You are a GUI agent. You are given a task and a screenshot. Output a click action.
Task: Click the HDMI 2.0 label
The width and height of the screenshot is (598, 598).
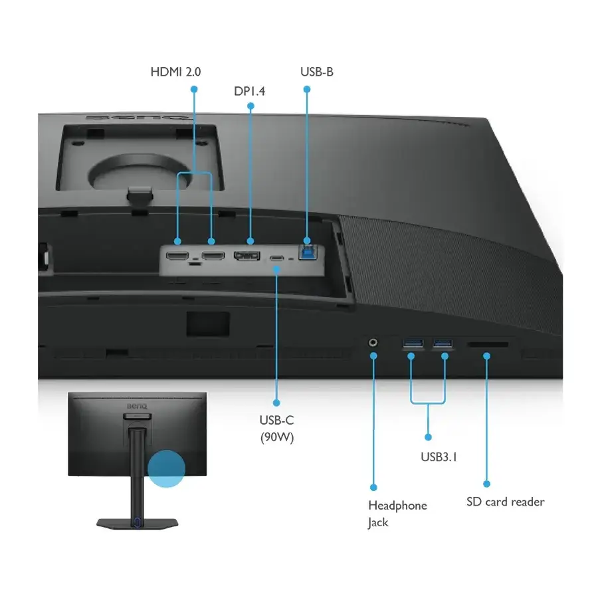click(175, 72)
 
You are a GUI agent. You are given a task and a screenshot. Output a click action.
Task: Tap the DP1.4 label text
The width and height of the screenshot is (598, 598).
click(249, 91)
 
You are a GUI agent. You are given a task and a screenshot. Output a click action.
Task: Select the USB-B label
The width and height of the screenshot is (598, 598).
click(316, 72)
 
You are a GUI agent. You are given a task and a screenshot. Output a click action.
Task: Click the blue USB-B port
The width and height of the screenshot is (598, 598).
click(308, 252)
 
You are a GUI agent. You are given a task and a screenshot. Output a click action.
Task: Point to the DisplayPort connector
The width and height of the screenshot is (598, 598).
click(247, 256)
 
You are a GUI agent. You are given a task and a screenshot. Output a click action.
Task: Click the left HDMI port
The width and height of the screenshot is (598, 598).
click(177, 256)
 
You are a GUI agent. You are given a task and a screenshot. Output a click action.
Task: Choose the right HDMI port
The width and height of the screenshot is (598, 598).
click(213, 255)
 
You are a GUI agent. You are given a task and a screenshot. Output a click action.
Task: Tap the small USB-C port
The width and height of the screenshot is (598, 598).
click(276, 258)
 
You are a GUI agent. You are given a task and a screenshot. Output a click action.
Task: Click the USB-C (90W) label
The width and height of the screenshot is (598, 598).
click(277, 429)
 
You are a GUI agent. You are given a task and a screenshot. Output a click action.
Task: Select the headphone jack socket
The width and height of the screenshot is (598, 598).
click(373, 342)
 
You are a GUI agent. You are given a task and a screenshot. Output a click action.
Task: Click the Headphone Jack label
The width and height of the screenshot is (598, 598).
click(397, 514)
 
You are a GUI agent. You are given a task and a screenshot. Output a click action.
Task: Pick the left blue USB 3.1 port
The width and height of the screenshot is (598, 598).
click(413, 344)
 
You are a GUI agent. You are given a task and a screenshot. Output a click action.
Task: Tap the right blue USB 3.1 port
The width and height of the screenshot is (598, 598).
click(443, 344)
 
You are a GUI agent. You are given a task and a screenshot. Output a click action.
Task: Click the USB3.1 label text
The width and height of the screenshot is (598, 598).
click(439, 457)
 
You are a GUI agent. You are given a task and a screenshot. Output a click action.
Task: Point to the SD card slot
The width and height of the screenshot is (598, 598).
click(488, 344)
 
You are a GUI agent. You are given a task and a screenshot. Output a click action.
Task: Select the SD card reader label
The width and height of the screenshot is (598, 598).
click(506, 502)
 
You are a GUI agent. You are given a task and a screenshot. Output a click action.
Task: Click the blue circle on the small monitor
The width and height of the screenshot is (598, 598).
click(166, 468)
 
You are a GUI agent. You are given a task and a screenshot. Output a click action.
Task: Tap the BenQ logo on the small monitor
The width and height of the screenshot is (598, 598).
click(137, 406)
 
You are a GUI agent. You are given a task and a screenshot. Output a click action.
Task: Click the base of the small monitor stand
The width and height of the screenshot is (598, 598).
click(138, 524)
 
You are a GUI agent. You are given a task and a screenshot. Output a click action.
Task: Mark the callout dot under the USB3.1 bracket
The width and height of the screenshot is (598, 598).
click(428, 437)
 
